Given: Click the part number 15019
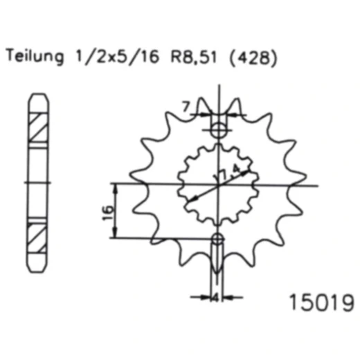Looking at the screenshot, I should coord(321,303).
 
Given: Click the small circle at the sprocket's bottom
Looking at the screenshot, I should coord(217,240).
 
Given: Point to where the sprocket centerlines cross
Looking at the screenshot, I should coord(218,185).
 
